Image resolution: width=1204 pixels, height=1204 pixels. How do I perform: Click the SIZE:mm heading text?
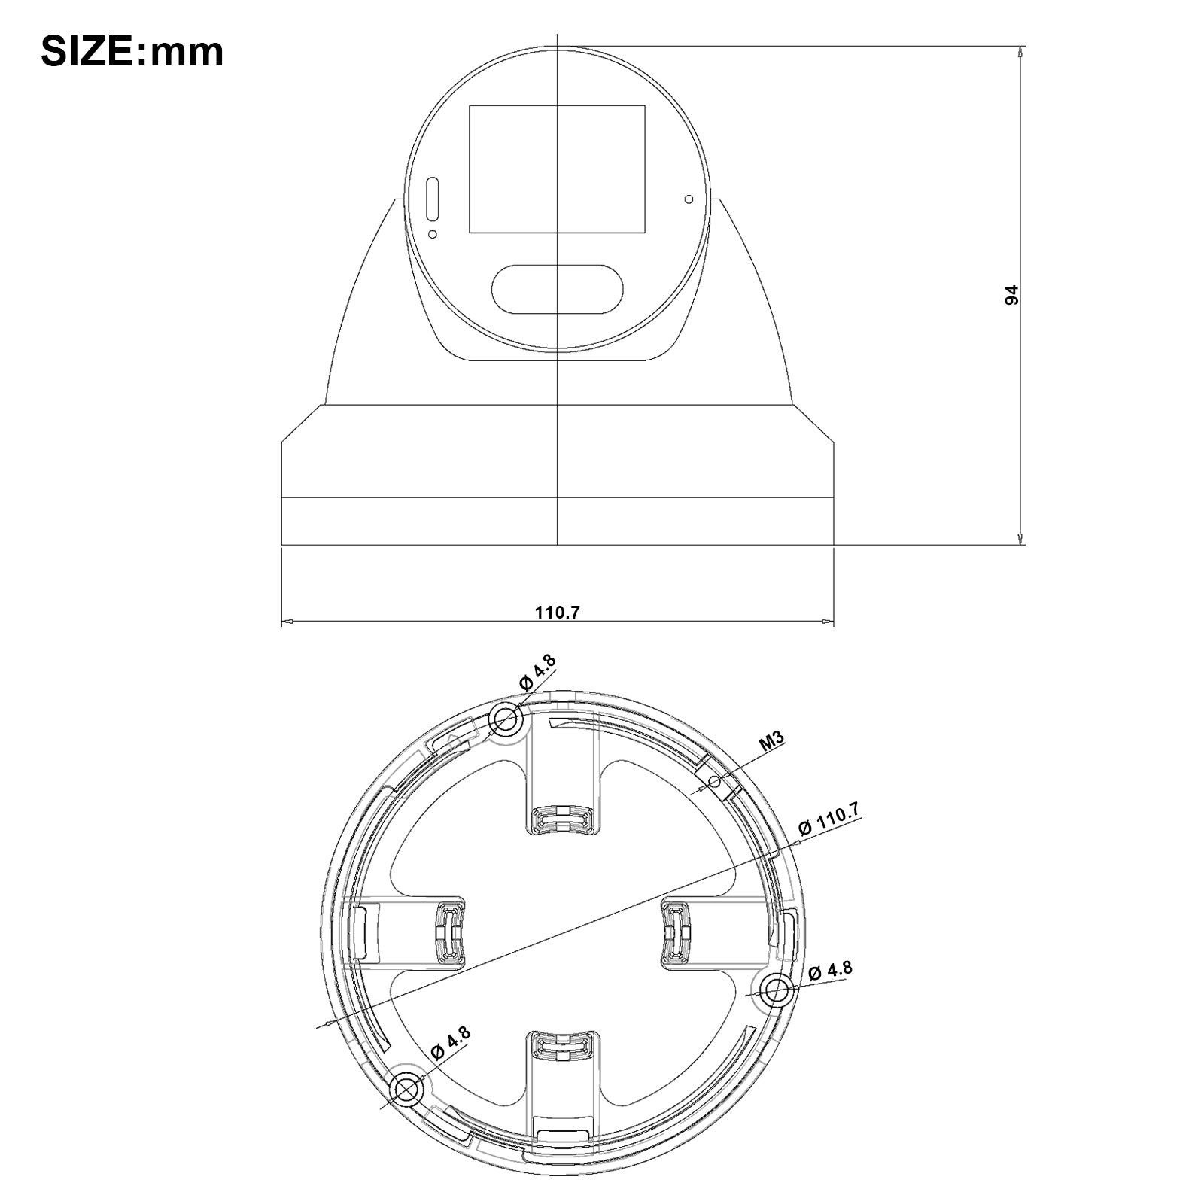132,52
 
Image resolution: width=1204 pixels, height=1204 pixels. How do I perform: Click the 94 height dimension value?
1012,294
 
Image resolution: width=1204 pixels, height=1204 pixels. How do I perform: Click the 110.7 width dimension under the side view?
557,612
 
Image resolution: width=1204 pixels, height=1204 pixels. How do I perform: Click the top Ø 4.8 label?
537,672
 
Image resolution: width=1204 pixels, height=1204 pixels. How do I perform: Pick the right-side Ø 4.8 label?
831,971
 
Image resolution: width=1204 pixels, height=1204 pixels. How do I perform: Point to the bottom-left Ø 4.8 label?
450,1043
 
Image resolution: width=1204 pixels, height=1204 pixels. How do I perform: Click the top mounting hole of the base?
506,720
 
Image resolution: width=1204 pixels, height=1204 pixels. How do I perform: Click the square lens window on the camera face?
557,169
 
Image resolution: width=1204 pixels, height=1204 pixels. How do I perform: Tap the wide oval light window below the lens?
558,289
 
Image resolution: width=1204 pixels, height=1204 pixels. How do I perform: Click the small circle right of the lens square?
689,199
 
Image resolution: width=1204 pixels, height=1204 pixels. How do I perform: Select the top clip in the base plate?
561,819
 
